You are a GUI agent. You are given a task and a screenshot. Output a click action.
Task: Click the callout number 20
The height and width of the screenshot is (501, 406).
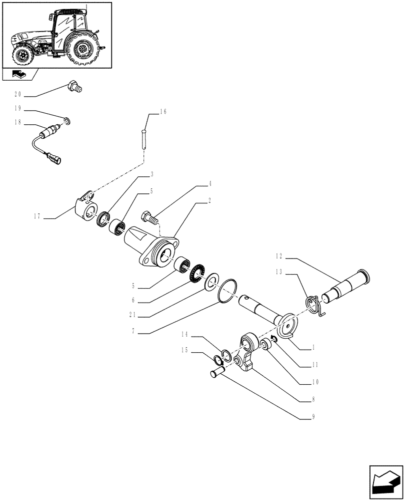click(18, 94)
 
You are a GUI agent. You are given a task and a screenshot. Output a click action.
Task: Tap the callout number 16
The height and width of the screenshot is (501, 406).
click(163, 112)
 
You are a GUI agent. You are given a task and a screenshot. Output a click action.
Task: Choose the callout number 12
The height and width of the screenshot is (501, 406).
click(278, 256)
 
